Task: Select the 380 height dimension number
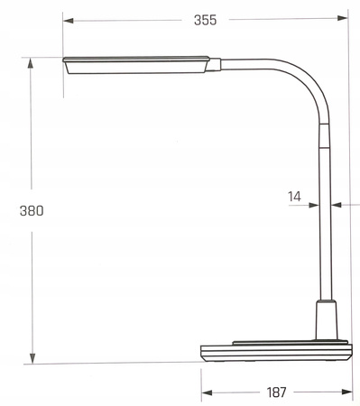(32, 210)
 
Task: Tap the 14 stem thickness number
(294, 195)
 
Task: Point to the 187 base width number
(276, 392)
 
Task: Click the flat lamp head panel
(135, 63)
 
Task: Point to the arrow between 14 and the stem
(313, 205)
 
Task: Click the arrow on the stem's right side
(335, 205)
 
